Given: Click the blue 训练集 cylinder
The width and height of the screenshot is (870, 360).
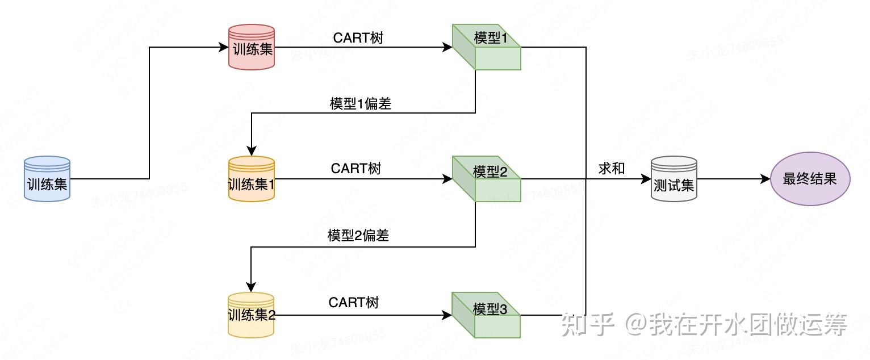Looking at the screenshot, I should click(47, 179).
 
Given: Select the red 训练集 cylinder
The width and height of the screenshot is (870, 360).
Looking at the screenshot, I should click(252, 47).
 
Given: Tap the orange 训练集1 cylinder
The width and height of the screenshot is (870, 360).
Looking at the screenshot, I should click(252, 179).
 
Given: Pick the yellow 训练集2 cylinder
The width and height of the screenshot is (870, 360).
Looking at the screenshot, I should click(251, 315).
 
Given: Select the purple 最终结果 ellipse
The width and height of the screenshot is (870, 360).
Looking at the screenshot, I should click(810, 179).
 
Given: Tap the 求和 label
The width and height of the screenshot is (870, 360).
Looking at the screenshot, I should click(612, 169).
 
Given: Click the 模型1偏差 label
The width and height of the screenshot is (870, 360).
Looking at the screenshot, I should click(361, 104).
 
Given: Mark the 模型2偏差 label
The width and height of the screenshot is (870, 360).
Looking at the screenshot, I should click(358, 236).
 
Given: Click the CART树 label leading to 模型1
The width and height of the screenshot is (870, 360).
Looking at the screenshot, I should click(358, 38).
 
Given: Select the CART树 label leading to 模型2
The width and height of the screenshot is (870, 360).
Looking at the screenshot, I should click(356, 169).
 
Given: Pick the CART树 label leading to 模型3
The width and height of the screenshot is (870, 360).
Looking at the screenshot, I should click(354, 303).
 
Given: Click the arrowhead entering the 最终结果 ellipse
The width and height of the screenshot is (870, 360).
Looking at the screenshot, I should click(765, 179).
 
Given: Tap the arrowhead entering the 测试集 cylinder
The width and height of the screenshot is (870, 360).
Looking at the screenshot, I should click(646, 179).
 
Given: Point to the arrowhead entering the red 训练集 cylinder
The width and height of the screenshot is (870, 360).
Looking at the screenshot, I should click(224, 47).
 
